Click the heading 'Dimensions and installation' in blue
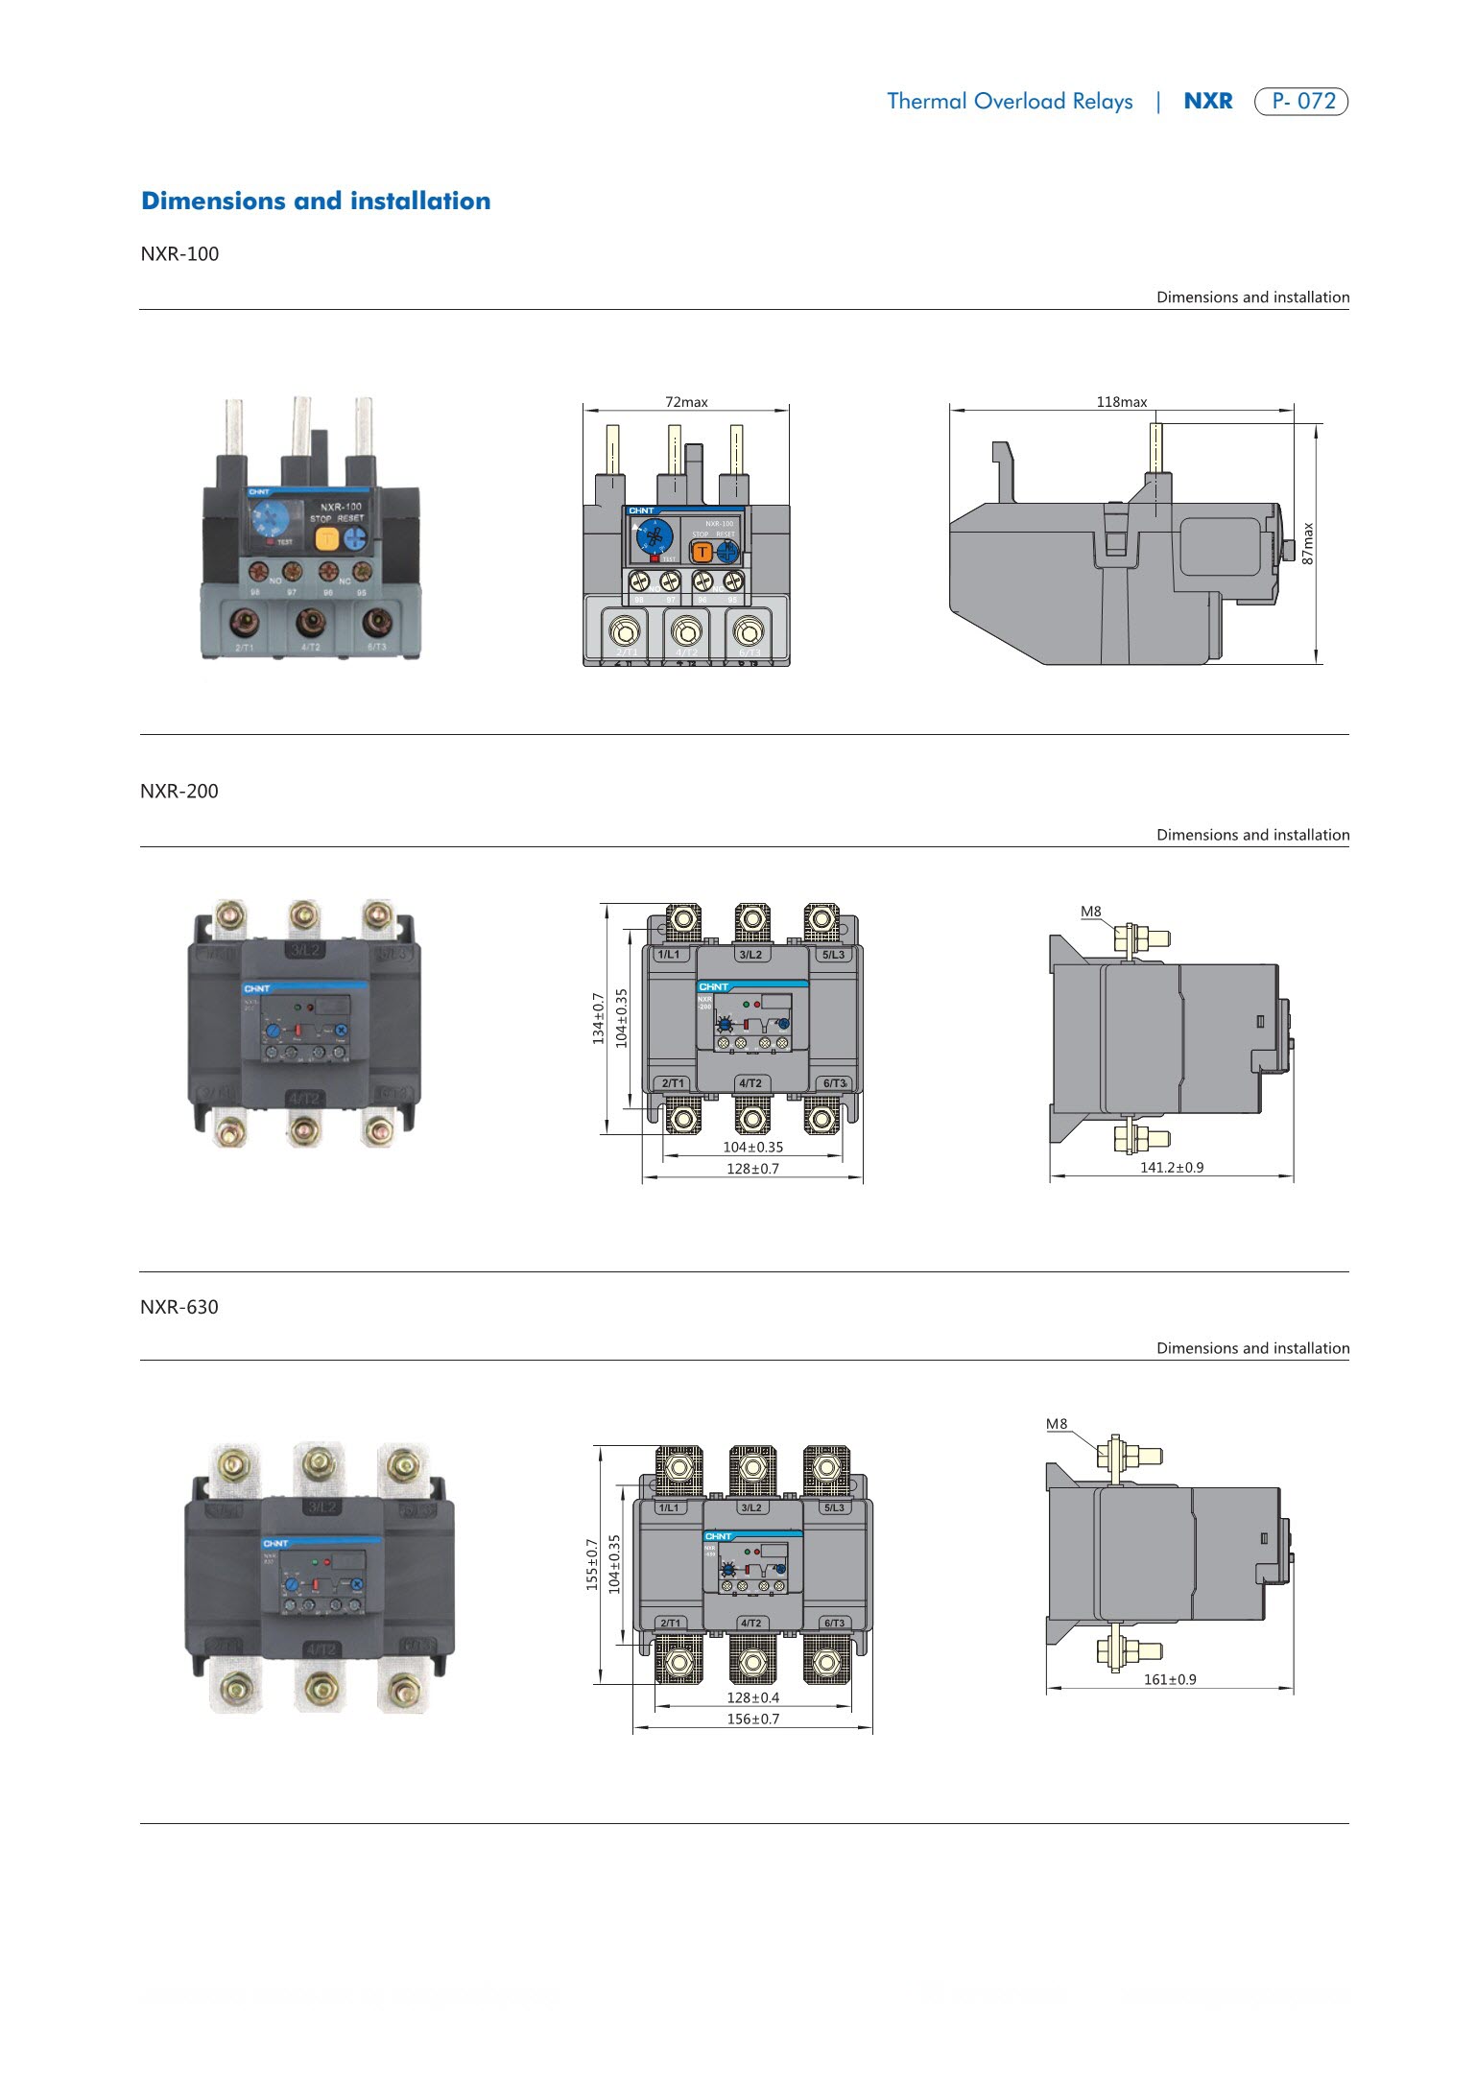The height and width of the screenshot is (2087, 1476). pyautogui.click(x=316, y=201)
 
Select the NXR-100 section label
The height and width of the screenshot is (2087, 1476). pyautogui.click(x=179, y=254)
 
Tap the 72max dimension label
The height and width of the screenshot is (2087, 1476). pyautogui.click(x=686, y=402)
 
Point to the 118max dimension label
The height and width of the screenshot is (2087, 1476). pyautogui.click(x=1121, y=402)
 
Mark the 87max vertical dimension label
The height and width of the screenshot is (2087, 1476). pyautogui.click(x=1307, y=543)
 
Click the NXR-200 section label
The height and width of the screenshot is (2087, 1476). pyautogui.click(x=179, y=792)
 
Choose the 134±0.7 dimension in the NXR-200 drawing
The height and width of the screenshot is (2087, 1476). pyautogui.click(x=599, y=1018)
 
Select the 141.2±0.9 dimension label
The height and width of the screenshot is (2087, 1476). pyautogui.click(x=1171, y=1168)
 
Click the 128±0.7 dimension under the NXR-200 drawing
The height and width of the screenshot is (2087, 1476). pyautogui.click(x=752, y=1169)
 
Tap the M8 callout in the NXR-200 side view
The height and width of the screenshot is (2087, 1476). pyautogui.click(x=1090, y=912)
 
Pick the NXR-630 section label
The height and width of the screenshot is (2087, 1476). pyautogui.click(x=179, y=1307)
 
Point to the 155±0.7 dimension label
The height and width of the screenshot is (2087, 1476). pyautogui.click(x=593, y=1564)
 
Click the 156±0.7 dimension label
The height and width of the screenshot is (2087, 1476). pyautogui.click(x=752, y=1719)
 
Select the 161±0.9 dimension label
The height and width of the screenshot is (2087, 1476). pyautogui.click(x=1170, y=1679)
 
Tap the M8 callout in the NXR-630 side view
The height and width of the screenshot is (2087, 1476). pyautogui.click(x=1056, y=1424)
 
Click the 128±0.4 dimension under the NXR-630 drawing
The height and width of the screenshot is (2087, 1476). pyautogui.click(x=752, y=1697)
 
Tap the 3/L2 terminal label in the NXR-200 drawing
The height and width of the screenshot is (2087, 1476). pyautogui.click(x=750, y=955)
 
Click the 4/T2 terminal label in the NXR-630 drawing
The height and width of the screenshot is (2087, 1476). pyautogui.click(x=750, y=1624)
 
